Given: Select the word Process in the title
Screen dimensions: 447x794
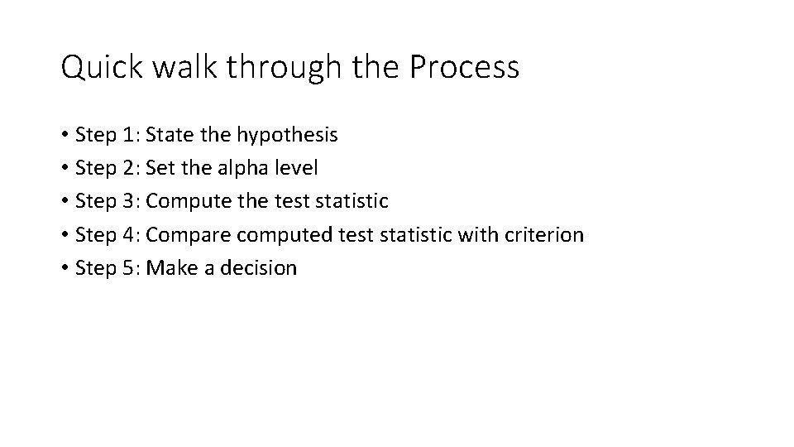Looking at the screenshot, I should (464, 67).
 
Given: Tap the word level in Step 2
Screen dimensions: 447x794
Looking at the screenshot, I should (297, 168).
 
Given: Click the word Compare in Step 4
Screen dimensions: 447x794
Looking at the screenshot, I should (188, 235).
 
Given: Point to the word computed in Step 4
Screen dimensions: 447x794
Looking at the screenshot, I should (285, 235).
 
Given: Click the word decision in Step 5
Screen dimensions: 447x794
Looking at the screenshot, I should (259, 268).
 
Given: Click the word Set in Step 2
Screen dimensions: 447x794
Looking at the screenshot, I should (159, 168).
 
